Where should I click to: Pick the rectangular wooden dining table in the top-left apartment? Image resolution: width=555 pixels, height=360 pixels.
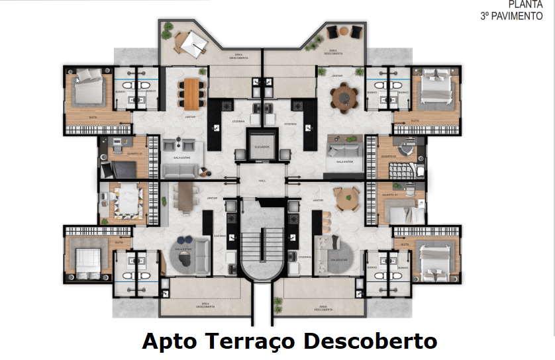192,93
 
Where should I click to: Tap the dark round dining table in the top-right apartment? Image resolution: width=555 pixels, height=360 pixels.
344,97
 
